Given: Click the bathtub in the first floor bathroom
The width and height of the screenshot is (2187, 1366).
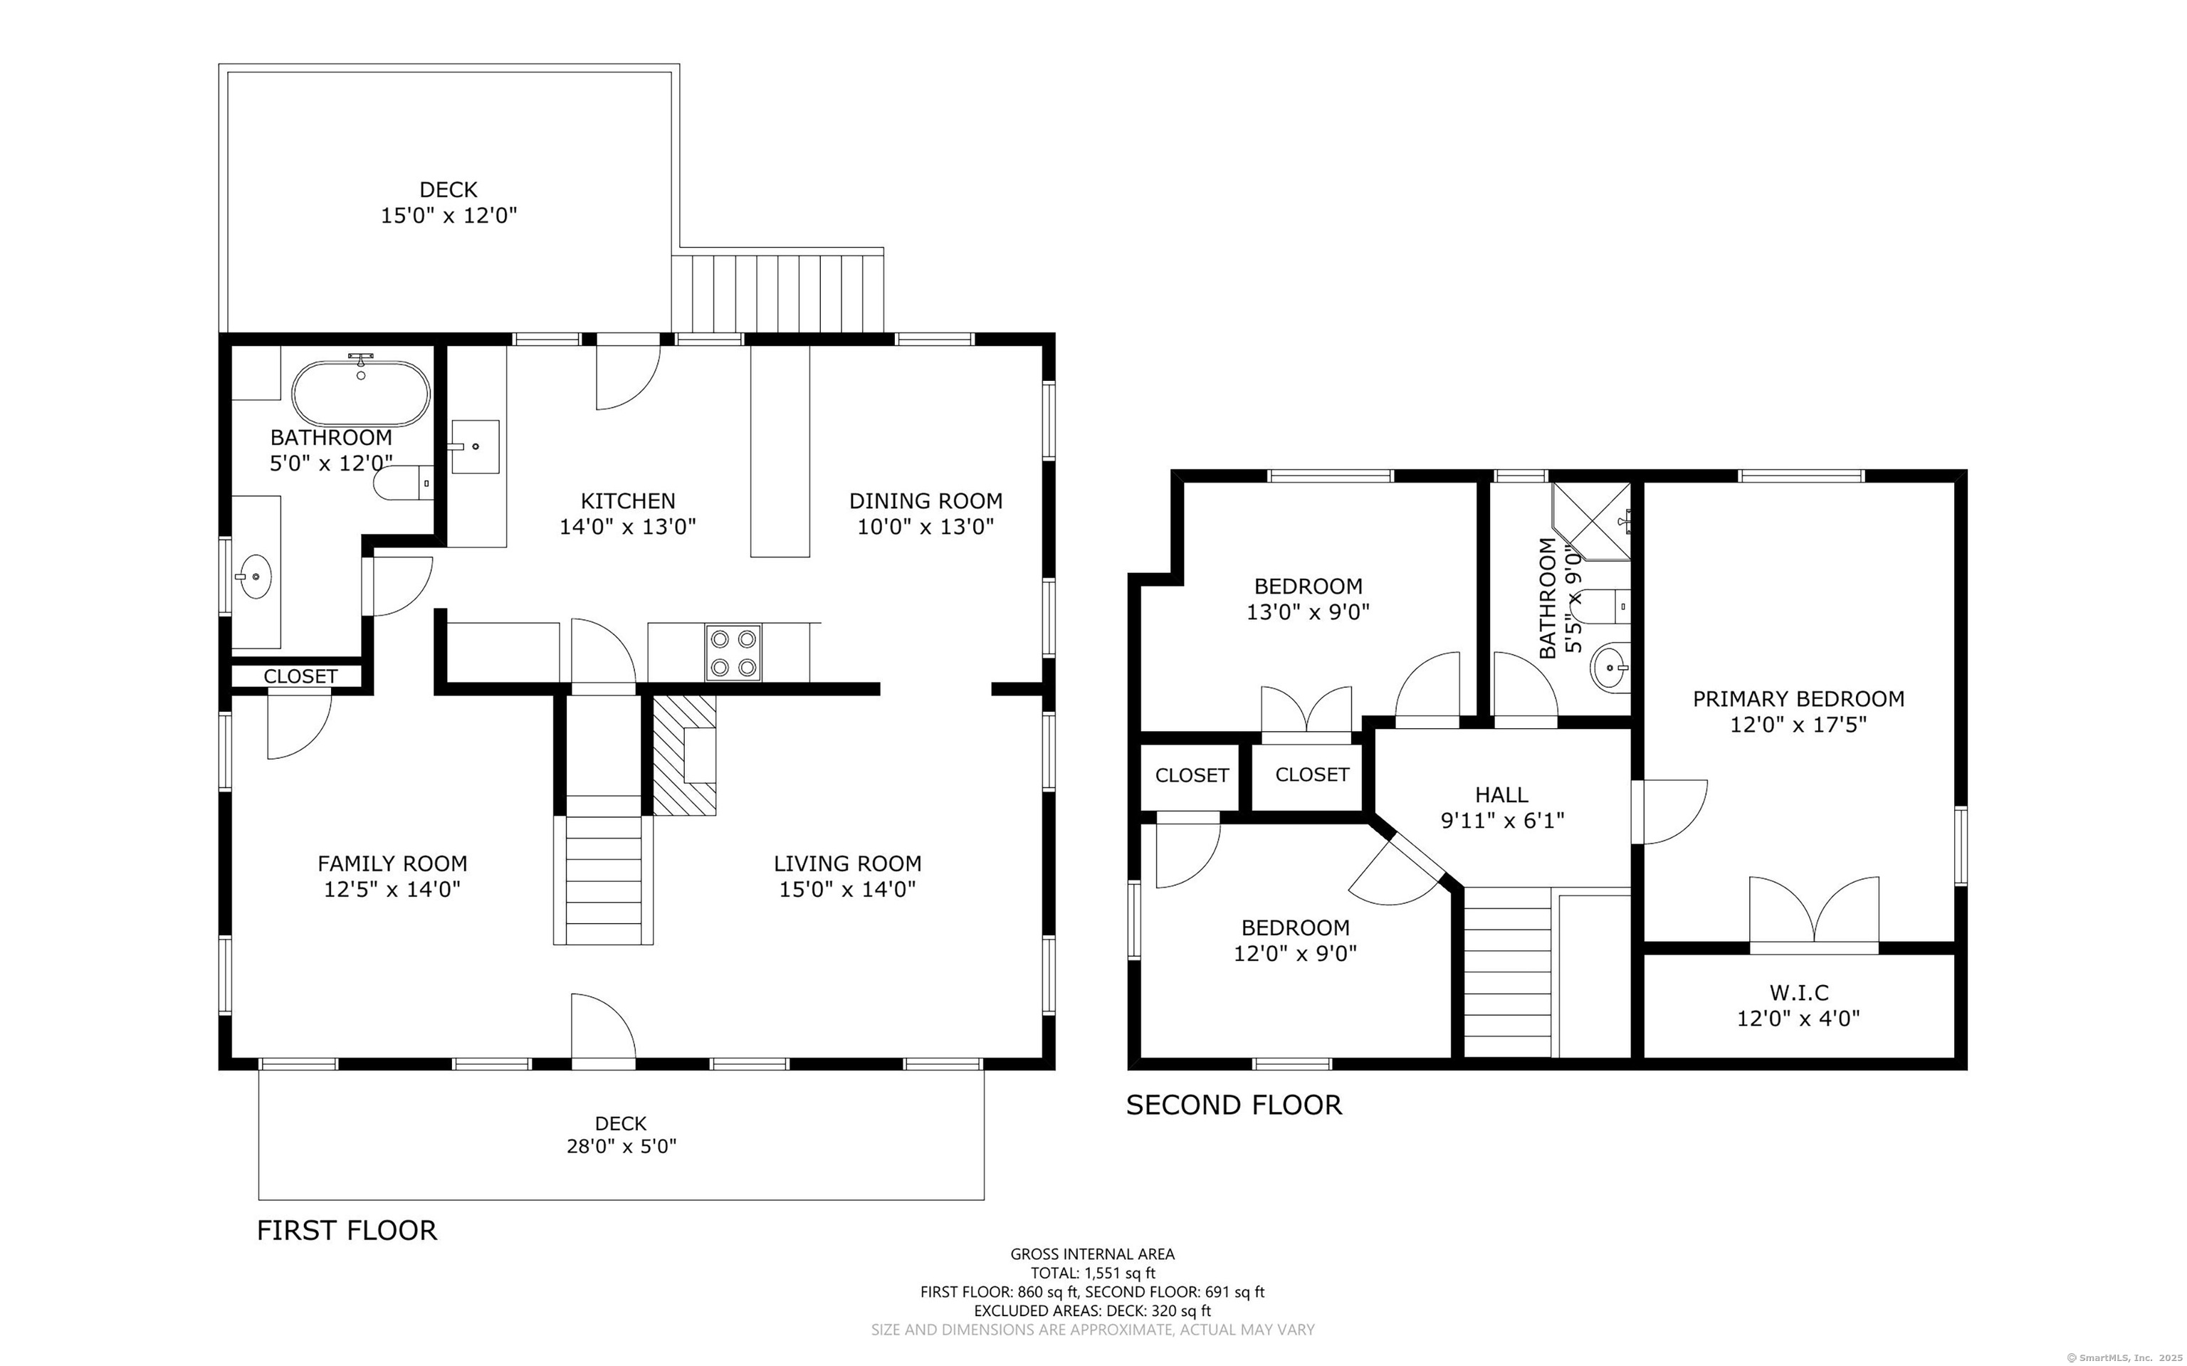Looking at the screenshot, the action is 360,394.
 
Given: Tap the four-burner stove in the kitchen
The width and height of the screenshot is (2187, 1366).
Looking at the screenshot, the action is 733,652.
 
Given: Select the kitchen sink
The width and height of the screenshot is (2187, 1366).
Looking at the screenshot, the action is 474,446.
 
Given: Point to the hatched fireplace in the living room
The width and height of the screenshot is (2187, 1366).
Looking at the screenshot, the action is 685,755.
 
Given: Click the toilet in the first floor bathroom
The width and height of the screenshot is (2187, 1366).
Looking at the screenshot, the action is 404,483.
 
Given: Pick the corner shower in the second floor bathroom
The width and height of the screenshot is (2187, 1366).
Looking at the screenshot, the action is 1592,521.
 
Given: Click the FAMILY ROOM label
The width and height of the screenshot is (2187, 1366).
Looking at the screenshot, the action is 392,863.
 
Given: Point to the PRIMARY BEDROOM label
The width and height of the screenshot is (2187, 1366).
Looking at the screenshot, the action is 1798,698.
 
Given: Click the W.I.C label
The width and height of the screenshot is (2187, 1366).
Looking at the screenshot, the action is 1798,993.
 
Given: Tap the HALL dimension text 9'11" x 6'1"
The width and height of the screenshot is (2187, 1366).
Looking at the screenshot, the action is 1501,820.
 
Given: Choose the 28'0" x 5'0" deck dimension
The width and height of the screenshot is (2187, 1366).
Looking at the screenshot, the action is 621,1147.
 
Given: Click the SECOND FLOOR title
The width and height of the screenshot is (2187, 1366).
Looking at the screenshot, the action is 1234,1105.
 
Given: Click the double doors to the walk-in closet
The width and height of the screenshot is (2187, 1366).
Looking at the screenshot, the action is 1814,913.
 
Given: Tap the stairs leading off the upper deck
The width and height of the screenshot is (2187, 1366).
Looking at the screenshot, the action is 778,293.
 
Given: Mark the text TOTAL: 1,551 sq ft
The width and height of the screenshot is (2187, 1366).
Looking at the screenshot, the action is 1092,1273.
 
